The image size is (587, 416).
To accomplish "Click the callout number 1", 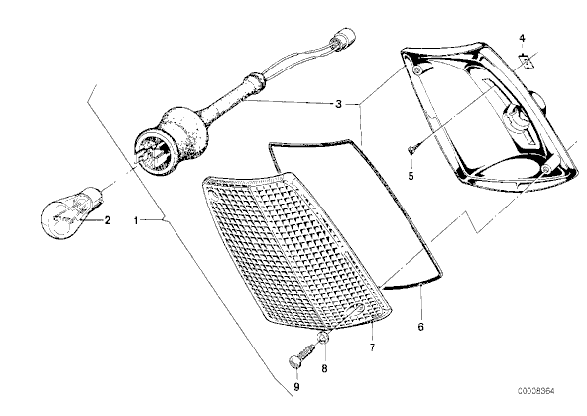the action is pos(136,220).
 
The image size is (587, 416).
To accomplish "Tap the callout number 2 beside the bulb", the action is pos(107,220).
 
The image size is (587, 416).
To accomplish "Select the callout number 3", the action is pos(338,104).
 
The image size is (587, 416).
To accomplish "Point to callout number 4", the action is pos(522,38).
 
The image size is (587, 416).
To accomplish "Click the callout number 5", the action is pos(411,176).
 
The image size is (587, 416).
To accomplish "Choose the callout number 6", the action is pos(421,327).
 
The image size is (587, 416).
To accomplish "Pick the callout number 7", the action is pos(372,347).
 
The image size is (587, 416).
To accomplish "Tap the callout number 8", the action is pos(324,368).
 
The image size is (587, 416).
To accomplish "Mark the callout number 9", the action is pos(296,387).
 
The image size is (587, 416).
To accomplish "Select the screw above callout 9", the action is pos(301,355).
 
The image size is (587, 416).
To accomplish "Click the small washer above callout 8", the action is pos(323,338).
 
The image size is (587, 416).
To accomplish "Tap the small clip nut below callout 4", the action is pos(527,61).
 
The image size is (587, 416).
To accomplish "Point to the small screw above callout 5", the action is pos(411,151).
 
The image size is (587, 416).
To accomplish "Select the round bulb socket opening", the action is pos(154,152).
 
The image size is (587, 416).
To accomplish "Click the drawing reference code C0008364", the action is pos(536,391).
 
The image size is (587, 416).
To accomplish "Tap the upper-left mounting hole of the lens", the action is pos(212,196).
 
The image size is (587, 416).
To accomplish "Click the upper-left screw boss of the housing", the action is pos(417,70).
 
